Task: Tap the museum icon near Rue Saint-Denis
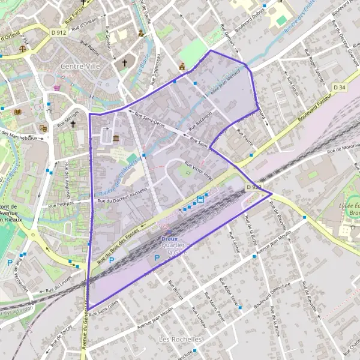115,139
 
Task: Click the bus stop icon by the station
200,200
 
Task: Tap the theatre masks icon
43,128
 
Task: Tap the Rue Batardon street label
200,121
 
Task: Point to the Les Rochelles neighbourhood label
181,340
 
